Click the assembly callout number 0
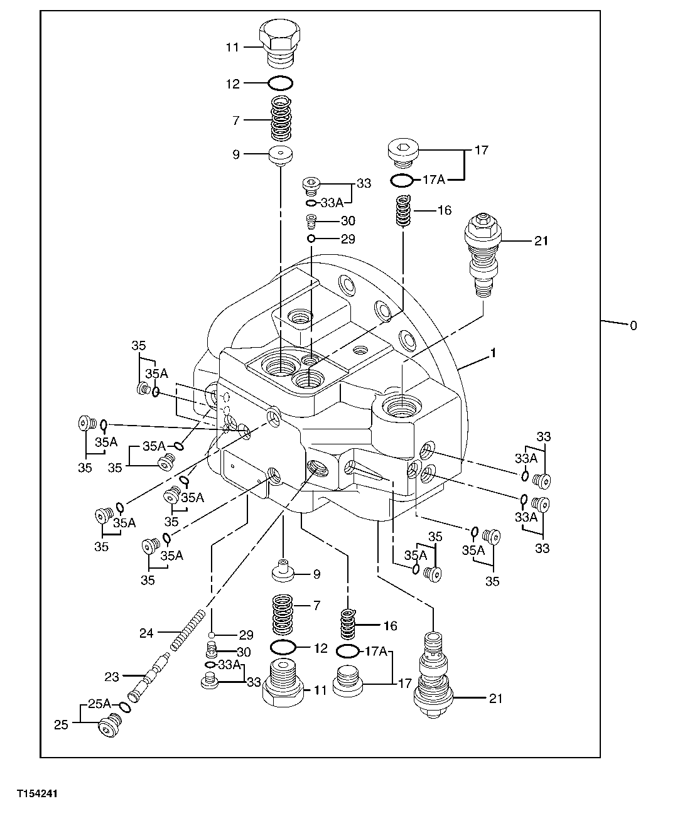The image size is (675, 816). point(633,325)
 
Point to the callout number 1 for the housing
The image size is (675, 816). point(494,354)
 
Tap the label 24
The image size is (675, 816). point(146,633)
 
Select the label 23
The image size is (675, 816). point(111,677)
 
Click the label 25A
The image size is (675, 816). point(99,704)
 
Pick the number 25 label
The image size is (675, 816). point(60,724)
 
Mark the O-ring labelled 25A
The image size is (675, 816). point(126,707)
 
